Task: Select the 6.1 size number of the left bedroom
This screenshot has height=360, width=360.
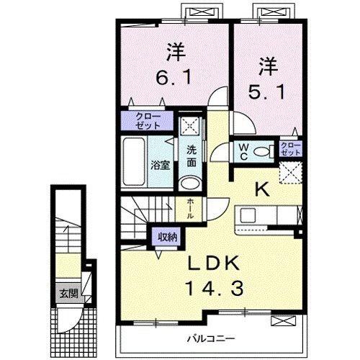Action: pos(173,76)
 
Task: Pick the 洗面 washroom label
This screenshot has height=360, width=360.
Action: pos(191,156)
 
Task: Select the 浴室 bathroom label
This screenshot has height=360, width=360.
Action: pos(159,165)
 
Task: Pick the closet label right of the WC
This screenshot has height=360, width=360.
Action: pos(289,150)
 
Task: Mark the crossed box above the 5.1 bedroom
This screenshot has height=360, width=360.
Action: pos(268,12)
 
